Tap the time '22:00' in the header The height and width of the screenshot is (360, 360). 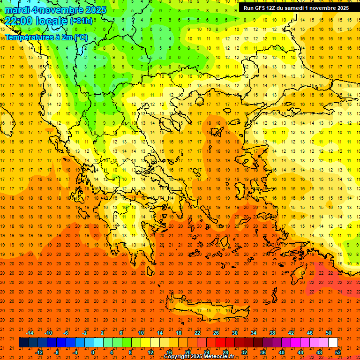point(18,21)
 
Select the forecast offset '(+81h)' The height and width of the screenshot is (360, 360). point(81,21)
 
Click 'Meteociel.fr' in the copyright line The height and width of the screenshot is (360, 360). point(217,357)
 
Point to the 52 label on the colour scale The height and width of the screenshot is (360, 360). point(338,352)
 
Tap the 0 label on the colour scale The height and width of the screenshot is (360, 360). point(92,352)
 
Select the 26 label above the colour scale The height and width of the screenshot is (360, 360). point(216,333)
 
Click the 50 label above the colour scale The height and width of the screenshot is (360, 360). point(328,333)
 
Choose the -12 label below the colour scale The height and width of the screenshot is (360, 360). point(39,352)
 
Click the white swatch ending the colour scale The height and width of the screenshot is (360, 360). point(333,343)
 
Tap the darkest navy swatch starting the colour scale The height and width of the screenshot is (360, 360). point(23,343)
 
